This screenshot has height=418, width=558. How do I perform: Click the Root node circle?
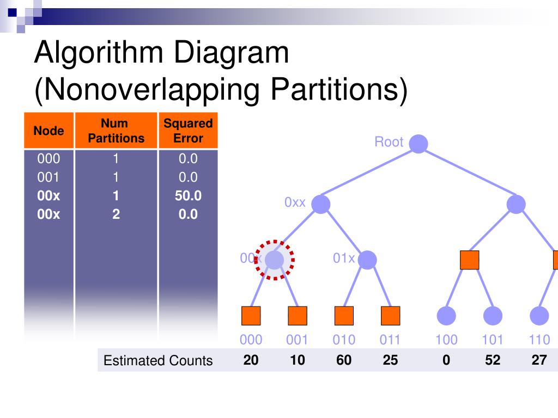tap(418, 144)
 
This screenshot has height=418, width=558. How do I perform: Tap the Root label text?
tap(389, 142)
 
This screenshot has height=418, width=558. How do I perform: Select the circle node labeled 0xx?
tap(321, 204)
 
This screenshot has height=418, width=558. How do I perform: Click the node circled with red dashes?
tap(275, 260)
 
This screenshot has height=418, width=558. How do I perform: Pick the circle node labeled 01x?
tap(367, 260)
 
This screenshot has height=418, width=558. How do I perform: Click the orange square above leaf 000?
tap(251, 316)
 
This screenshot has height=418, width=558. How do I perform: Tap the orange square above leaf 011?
tap(391, 316)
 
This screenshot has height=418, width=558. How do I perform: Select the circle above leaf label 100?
tap(446, 316)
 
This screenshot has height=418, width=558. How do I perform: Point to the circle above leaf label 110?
tap(539, 316)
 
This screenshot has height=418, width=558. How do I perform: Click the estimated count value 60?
tap(344, 360)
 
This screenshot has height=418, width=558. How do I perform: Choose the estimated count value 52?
tap(493, 360)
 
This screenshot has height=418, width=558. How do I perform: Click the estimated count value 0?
tap(446, 360)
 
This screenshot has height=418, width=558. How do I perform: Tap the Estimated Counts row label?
tap(158, 360)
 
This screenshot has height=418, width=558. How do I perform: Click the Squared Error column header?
tap(188, 131)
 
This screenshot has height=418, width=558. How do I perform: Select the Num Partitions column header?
tap(116, 131)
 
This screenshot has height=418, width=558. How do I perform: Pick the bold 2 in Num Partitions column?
tap(116, 214)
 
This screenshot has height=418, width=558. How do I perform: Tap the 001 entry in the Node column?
tap(48, 177)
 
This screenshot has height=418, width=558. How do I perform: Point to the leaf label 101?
tap(493, 340)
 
